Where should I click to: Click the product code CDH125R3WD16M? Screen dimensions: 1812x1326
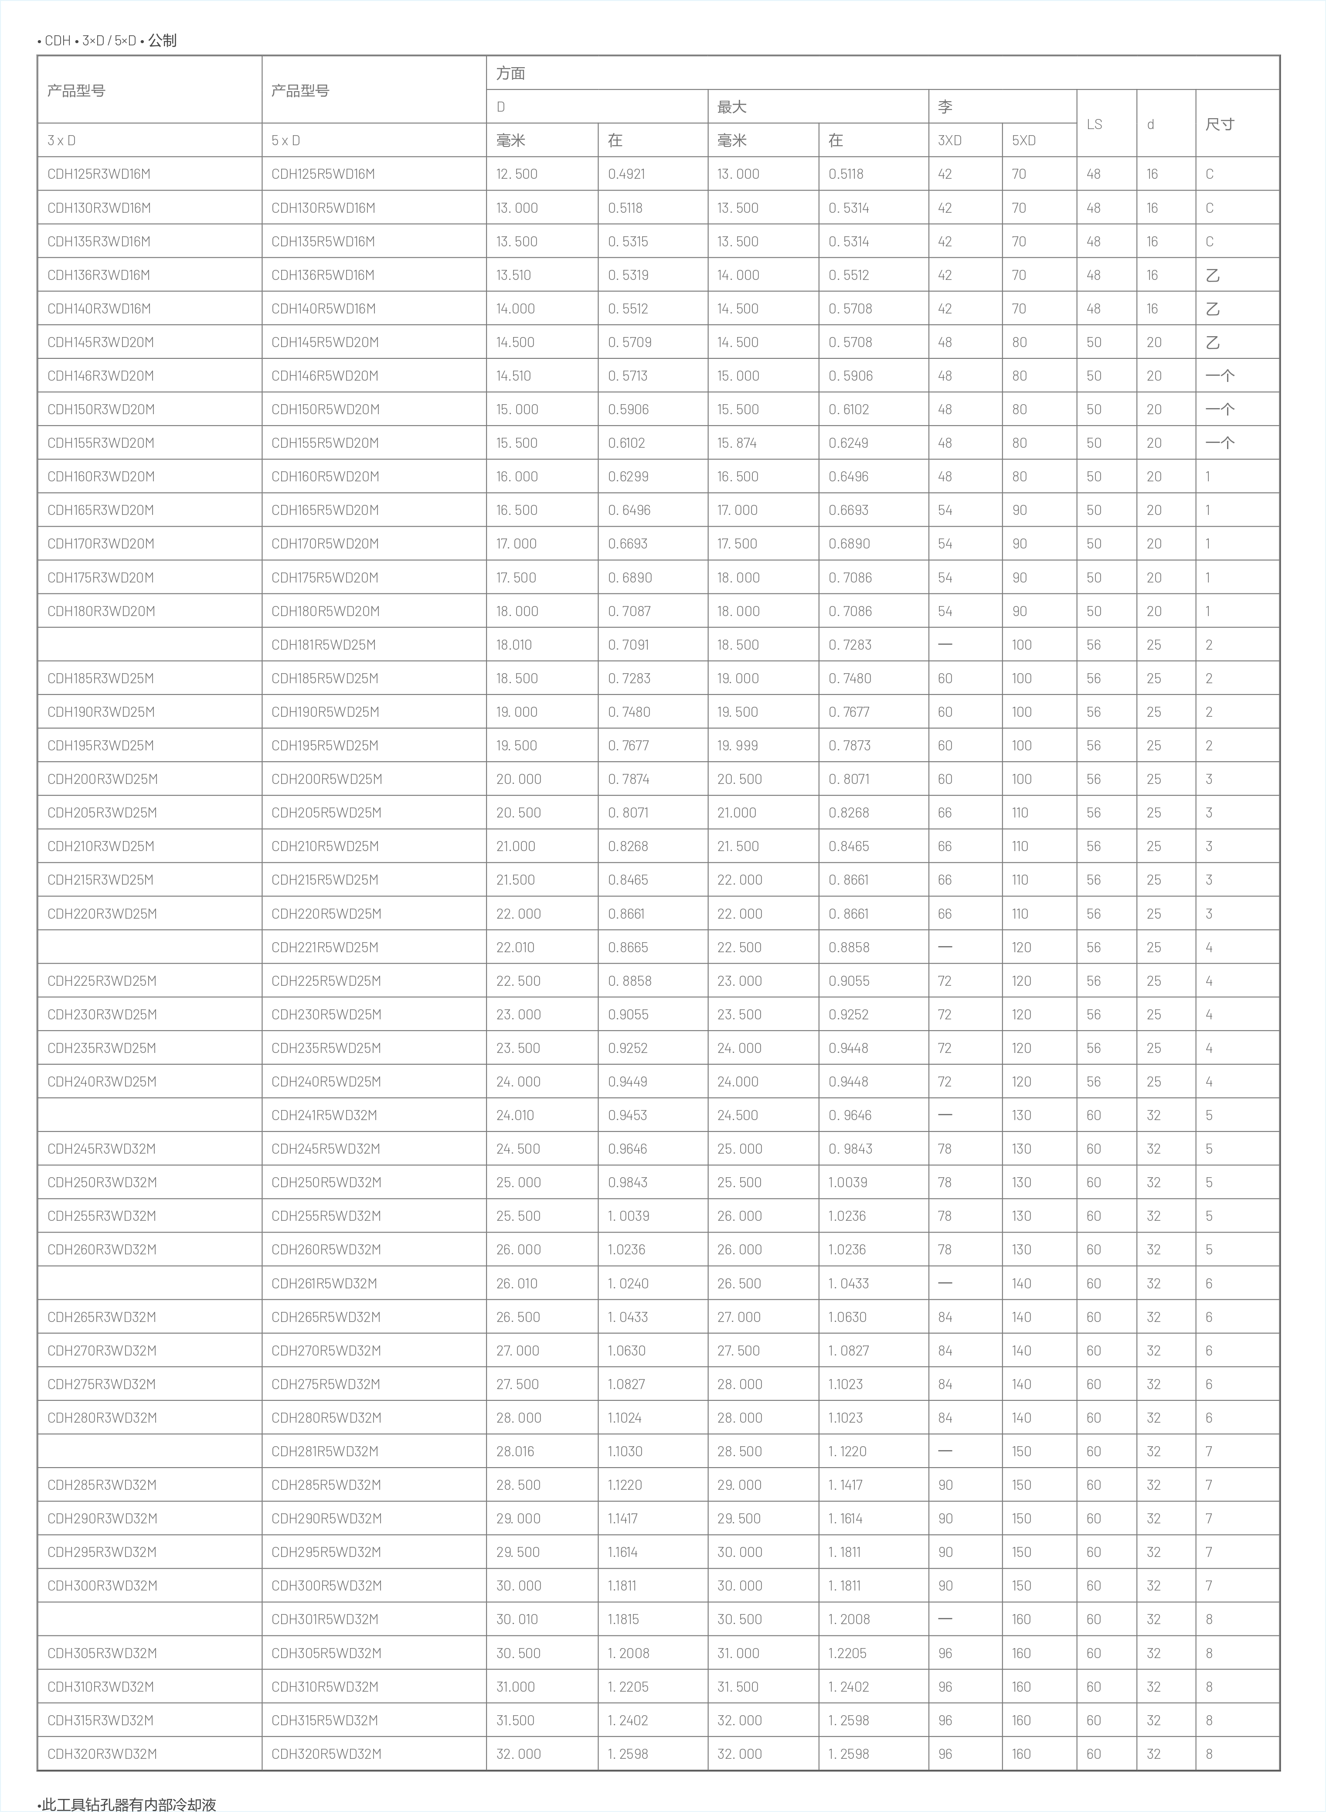tap(99, 174)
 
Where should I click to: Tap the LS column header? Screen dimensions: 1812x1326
tap(1094, 124)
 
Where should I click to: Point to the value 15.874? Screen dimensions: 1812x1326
tap(737, 443)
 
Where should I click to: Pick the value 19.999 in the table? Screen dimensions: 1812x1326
tap(737, 745)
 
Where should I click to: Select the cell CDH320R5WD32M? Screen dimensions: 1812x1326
tap(326, 1754)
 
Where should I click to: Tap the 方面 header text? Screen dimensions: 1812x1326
tap(510, 73)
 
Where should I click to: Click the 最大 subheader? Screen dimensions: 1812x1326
tap(731, 107)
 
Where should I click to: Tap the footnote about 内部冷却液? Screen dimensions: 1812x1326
tap(129, 1804)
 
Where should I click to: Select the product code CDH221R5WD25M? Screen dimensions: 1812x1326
tap(324, 947)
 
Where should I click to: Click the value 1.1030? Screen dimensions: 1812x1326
tap(625, 1451)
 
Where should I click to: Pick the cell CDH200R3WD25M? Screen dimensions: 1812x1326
tap(102, 779)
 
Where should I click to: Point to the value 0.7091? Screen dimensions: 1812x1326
tap(628, 645)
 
